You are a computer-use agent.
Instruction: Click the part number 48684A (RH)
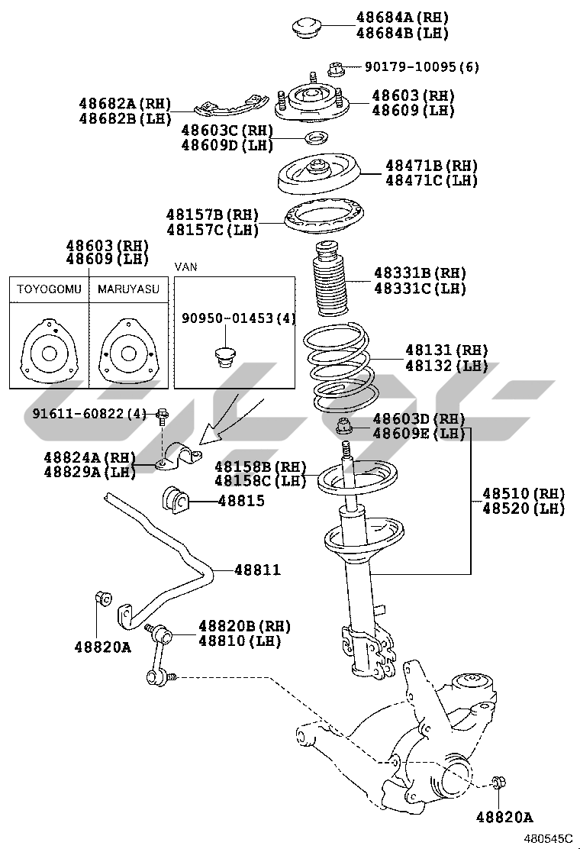point(402,17)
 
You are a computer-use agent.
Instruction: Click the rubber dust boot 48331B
point(330,281)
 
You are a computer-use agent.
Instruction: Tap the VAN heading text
point(186,266)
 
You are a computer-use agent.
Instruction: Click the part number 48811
point(257,570)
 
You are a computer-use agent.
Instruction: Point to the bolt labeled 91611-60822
point(162,417)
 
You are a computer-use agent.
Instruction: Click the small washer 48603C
point(315,138)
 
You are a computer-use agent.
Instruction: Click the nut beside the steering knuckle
point(498,782)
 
